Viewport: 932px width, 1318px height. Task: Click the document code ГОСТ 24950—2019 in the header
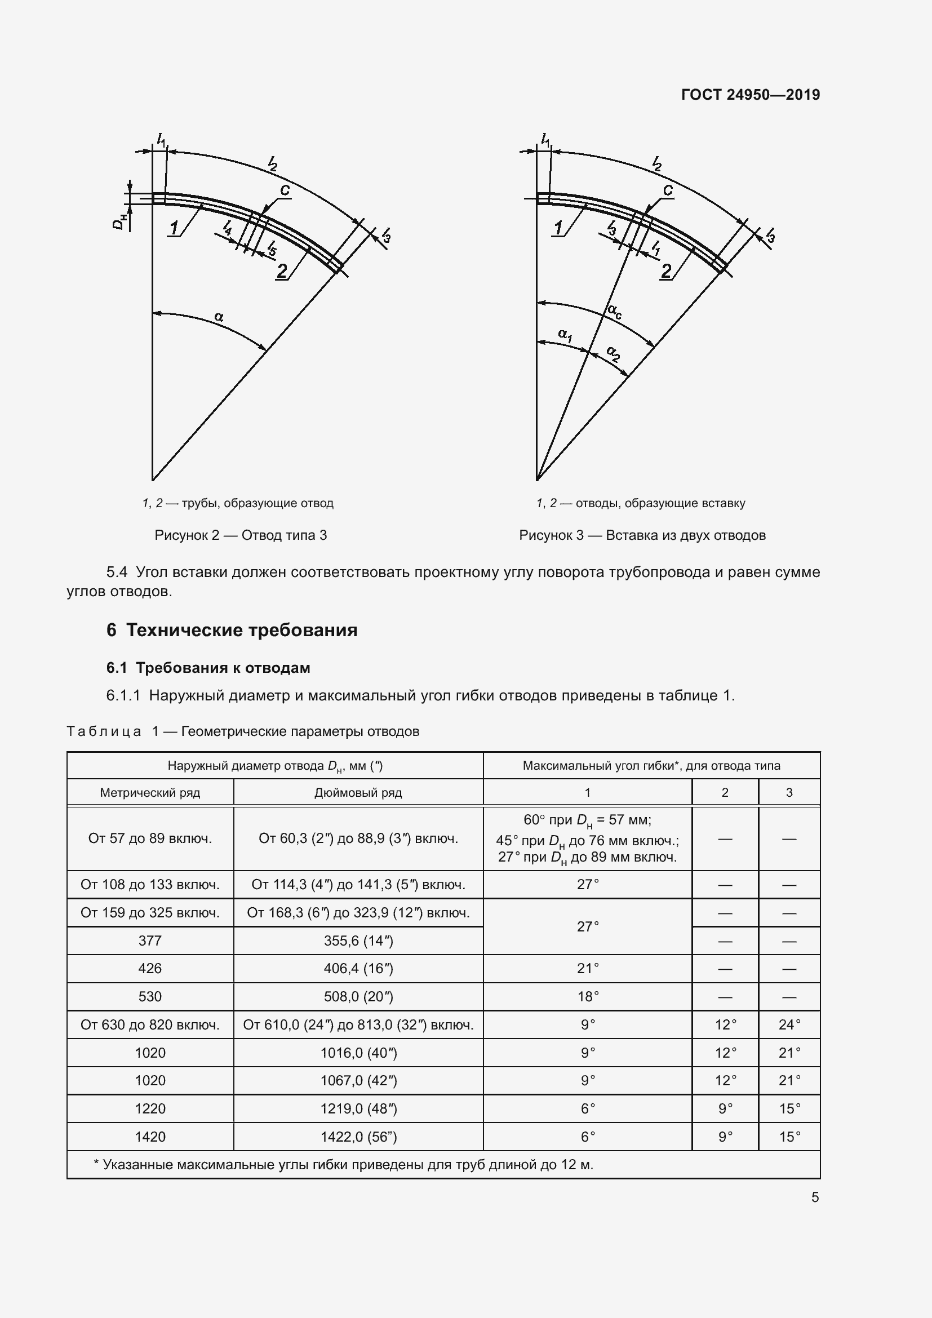pyautogui.click(x=750, y=95)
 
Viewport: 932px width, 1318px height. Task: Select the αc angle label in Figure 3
pyautogui.click(x=614, y=312)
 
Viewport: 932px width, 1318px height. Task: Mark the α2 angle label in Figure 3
pyautogui.click(x=614, y=354)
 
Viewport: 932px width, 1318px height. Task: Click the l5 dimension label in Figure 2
pyautogui.click(x=272, y=248)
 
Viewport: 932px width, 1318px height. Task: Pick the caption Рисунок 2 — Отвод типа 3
pyautogui.click(x=241, y=535)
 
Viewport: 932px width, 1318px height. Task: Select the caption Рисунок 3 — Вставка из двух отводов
pyautogui.click(x=642, y=535)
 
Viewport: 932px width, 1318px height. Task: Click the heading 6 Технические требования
pyautogui.click(x=232, y=631)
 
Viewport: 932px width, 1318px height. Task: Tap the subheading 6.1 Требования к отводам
pyautogui.click(x=208, y=668)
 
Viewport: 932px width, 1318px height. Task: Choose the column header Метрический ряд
pyautogui.click(x=150, y=793)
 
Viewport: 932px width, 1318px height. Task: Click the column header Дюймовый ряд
pyautogui.click(x=358, y=793)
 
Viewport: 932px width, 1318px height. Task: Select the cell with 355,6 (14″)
pyautogui.click(x=358, y=941)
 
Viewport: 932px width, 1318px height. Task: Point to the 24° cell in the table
pyautogui.click(x=789, y=1024)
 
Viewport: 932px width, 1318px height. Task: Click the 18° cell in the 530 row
pyautogui.click(x=588, y=997)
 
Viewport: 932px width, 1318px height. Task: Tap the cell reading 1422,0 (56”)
pyautogui.click(x=358, y=1137)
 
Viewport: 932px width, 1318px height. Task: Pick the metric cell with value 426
pyautogui.click(x=150, y=969)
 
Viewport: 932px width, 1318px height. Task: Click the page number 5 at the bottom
pyautogui.click(x=814, y=1197)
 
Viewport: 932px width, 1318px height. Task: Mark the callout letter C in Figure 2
pyautogui.click(x=284, y=190)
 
